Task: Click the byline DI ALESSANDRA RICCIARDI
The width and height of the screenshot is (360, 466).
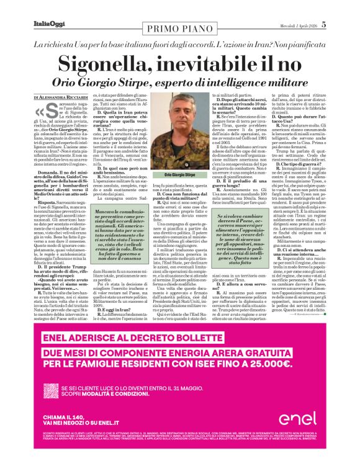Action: pyautogui.click(x=65, y=98)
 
